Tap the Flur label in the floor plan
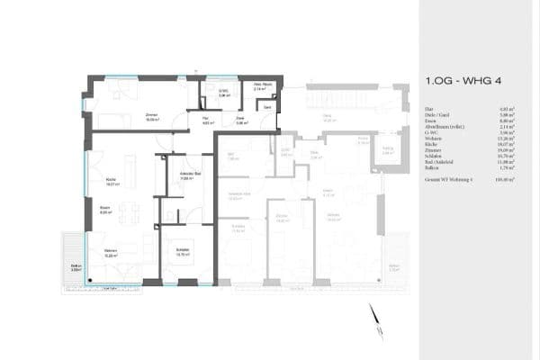205,118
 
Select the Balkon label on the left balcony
76,267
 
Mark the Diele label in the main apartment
241,118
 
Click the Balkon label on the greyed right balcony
393,266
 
